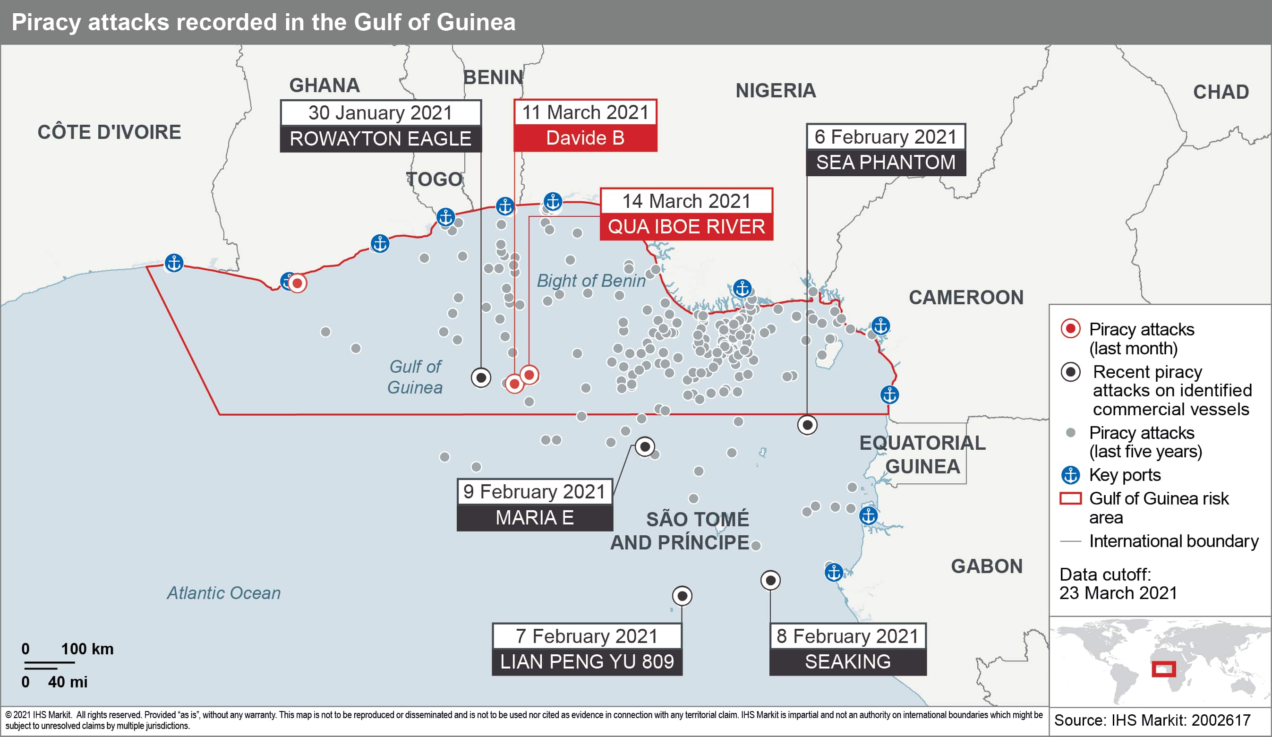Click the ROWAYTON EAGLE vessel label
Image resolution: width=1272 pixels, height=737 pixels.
coord(381,139)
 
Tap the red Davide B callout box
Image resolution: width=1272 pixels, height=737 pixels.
coord(585,138)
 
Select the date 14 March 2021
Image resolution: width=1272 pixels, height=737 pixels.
coord(686,201)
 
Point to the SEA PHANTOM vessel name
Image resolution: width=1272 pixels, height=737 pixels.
coord(885,163)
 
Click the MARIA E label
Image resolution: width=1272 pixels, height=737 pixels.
coord(535,517)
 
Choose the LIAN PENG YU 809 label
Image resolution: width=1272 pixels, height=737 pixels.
coord(587,661)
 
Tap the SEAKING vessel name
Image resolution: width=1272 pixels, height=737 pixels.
coord(847,661)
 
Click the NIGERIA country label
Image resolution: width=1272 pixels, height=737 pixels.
coord(775,91)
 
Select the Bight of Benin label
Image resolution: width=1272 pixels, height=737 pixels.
coord(590,281)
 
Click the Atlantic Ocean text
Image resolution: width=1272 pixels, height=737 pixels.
coord(223,592)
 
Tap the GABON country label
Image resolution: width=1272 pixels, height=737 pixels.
coord(986,566)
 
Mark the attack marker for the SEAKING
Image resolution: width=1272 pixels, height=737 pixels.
coord(770,581)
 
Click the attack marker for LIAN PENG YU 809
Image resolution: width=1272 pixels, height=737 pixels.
coord(682,596)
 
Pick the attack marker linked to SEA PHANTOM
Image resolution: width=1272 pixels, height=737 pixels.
coord(807,425)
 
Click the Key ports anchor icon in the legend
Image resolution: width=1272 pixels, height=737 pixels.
coord(1070,475)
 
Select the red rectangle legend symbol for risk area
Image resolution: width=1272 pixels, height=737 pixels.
coord(1070,499)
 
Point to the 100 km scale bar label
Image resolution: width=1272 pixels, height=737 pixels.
coord(87,649)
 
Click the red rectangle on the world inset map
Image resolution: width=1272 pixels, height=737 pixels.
coord(1163,669)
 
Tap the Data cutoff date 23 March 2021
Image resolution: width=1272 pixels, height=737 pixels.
coord(1118,592)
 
